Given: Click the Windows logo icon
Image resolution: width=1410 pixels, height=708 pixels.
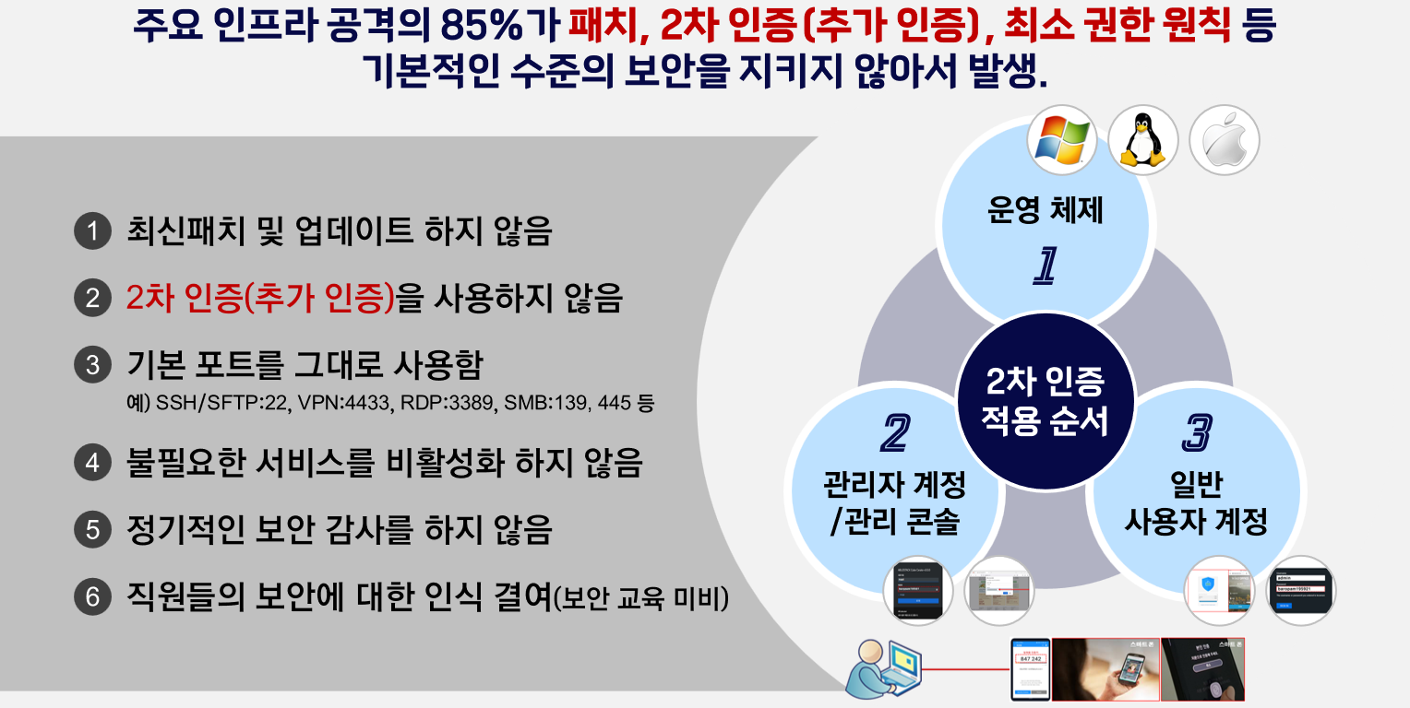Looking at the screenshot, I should pyautogui.click(x=1062, y=139).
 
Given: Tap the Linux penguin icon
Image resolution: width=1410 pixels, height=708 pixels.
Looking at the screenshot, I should pyautogui.click(x=1142, y=139).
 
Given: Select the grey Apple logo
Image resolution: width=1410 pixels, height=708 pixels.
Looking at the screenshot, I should pyautogui.click(x=1224, y=141).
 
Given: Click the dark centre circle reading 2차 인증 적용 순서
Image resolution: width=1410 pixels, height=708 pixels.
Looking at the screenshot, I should pyautogui.click(x=1045, y=401).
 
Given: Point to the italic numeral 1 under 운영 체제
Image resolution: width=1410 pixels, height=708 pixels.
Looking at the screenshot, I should pyautogui.click(x=1045, y=265).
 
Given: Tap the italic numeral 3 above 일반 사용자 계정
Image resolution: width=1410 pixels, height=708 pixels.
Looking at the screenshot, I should pyautogui.click(x=1197, y=432).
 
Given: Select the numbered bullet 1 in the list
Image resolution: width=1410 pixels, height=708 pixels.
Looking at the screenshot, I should pyautogui.click(x=91, y=231).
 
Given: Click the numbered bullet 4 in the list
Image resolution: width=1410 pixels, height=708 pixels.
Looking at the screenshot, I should pyautogui.click(x=91, y=462).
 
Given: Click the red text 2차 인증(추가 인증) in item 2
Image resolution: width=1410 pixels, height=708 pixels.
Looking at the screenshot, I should pyautogui.click(x=260, y=298).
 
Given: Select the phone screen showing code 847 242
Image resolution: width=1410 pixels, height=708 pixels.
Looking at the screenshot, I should pyautogui.click(x=1030, y=667).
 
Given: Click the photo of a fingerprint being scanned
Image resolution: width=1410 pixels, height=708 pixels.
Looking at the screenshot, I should pyautogui.click(x=1202, y=669).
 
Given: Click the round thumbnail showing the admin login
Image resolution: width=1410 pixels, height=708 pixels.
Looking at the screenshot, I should pyautogui.click(x=1300, y=591).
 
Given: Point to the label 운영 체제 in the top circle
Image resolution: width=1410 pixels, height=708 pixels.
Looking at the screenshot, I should pyautogui.click(x=1045, y=212).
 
